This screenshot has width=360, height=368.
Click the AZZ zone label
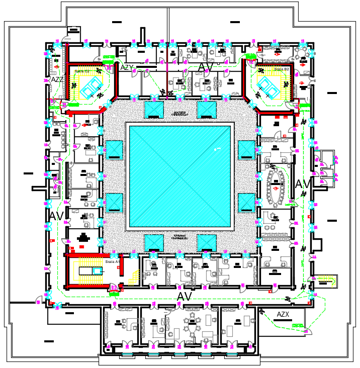pos(57,79)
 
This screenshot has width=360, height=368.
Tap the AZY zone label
pos(127,67)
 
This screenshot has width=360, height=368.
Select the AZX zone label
pos(283,315)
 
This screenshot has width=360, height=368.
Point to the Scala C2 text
pos(82,71)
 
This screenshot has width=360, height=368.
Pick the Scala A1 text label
pos(112,262)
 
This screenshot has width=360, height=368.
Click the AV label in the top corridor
pos(206,67)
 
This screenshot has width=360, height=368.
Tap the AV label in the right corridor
pos(304,184)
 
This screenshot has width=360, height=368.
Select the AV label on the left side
pos(56,216)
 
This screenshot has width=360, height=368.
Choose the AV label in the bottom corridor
pos(185,297)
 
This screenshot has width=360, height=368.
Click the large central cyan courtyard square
pos(180,176)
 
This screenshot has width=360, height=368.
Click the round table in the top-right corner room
pos(302,53)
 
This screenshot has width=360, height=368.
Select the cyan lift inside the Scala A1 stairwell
pos(95,270)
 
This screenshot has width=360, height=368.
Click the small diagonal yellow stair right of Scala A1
pos(134,276)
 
